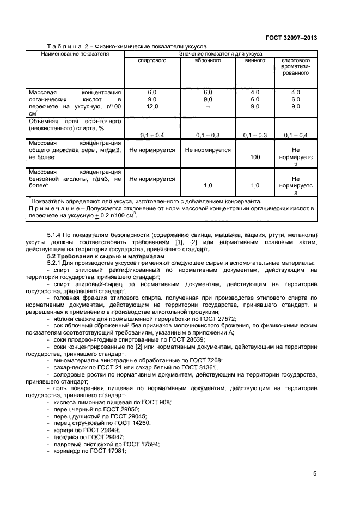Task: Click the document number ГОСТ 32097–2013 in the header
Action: click(x=291, y=38)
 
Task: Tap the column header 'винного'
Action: click(x=255, y=60)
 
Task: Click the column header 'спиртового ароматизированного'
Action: click(x=296, y=66)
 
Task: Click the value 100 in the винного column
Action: click(x=255, y=157)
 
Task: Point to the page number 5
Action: click(x=315, y=473)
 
